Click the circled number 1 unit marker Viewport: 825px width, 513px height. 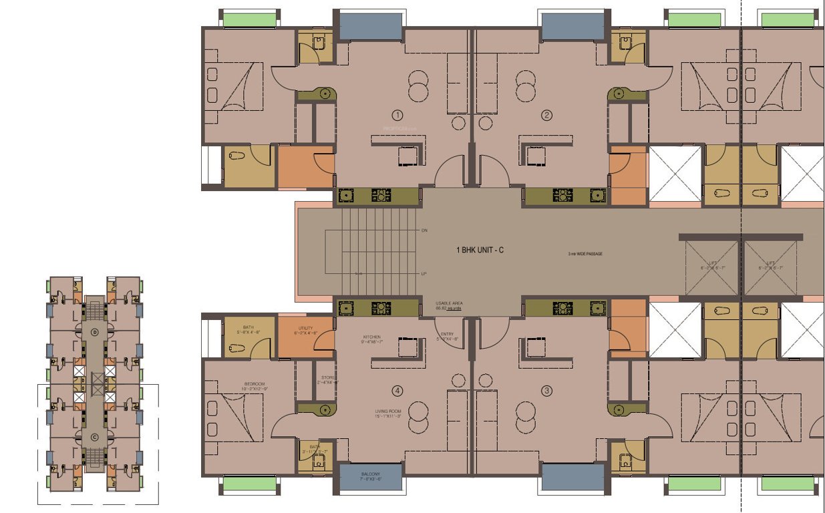point(398,115)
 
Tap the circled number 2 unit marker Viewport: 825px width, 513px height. point(547,115)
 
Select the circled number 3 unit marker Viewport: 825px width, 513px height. point(547,391)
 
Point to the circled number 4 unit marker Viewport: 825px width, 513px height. point(398,391)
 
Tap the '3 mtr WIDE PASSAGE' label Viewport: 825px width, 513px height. point(581,254)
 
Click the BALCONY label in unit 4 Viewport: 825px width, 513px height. point(371,475)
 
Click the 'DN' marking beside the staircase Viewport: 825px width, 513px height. point(424,230)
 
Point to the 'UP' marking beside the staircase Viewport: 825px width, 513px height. point(424,274)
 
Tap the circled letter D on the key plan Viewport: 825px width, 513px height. point(94,331)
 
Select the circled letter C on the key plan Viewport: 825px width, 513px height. point(94,438)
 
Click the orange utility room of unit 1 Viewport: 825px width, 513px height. point(306,167)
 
